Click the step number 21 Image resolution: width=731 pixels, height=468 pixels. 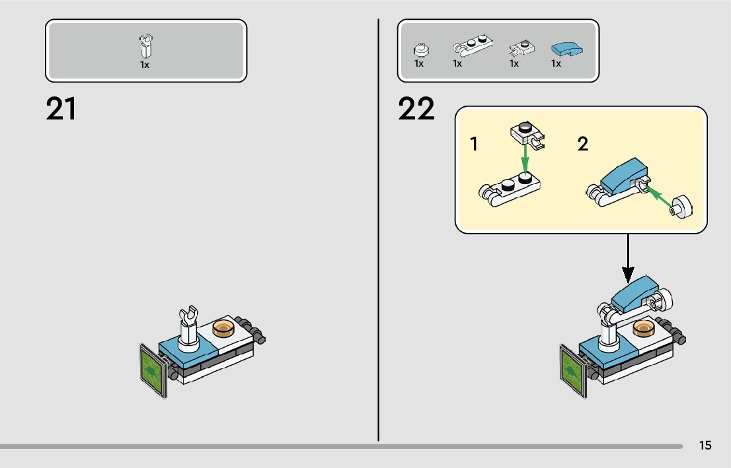pos(61,110)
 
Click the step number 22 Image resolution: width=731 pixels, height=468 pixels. pos(416,110)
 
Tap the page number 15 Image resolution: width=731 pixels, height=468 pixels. pos(705,446)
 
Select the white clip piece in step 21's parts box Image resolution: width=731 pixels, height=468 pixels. pos(145,46)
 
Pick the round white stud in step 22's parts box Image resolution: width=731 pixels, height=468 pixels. pos(419,49)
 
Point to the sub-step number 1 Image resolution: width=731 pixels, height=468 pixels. pos(474,145)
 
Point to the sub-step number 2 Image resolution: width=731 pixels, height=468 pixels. pos(582,144)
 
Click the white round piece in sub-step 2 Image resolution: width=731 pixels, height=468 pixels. pos(682,208)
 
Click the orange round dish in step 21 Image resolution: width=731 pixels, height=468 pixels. pos(224,328)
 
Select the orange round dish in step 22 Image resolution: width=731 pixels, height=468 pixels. pos(644,327)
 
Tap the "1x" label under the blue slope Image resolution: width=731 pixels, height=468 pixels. pos(556,64)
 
